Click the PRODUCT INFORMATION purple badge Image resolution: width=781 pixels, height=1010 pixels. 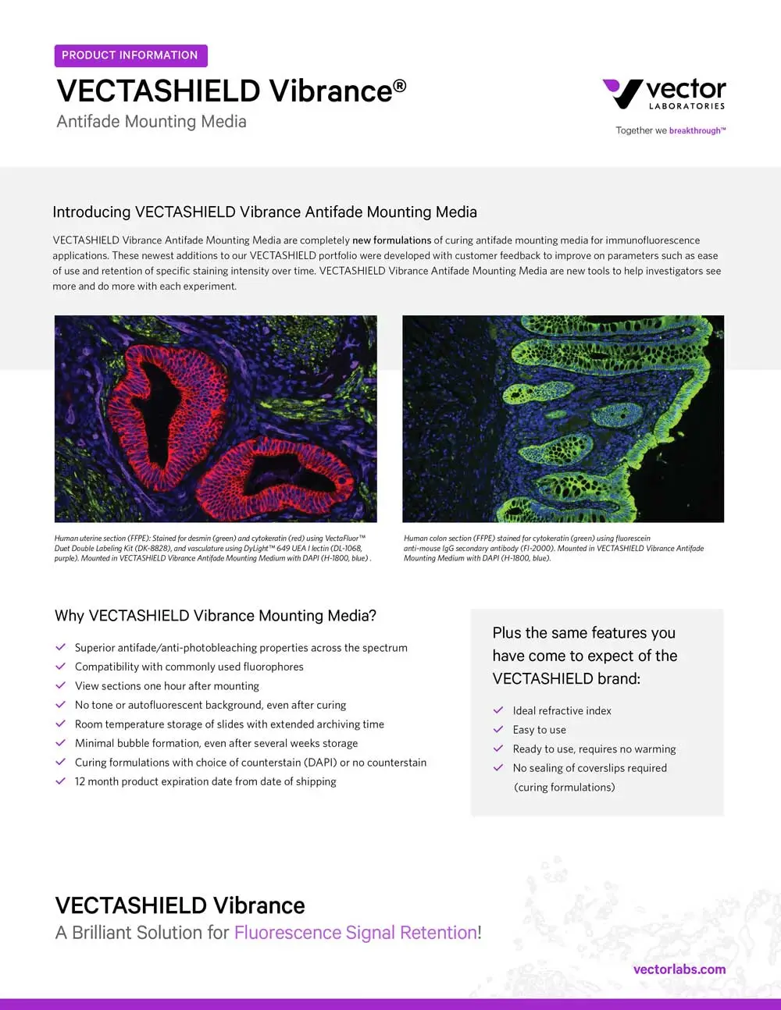(130, 55)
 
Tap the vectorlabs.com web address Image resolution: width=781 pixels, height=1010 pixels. (679, 969)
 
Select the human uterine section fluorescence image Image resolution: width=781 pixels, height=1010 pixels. (216, 418)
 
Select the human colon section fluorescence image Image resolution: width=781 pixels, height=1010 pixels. (563, 418)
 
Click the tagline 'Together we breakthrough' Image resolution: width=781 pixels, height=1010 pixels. (670, 130)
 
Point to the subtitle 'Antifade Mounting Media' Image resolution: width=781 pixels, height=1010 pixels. (152, 122)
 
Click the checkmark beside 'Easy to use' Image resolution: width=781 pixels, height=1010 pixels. (498, 729)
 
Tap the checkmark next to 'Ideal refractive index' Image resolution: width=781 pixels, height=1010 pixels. (498, 710)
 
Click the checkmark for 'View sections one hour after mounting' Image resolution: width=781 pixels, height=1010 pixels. (60, 685)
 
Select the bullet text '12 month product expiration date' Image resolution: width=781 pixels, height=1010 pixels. (205, 781)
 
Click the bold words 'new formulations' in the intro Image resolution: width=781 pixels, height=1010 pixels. (391, 240)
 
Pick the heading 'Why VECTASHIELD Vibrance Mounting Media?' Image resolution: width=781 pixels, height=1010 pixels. (216, 616)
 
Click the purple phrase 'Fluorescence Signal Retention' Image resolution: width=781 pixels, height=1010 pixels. (355, 933)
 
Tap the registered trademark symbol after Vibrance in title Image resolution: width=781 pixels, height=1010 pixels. (399, 84)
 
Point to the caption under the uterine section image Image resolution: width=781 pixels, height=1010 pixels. (212, 548)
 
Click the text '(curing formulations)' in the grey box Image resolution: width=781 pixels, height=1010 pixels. (564, 787)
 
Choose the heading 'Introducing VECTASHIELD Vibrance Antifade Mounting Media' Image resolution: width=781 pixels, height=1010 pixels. (265, 212)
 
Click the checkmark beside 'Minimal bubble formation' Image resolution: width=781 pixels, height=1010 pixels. (60, 743)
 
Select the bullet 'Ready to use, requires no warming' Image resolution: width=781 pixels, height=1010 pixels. (594, 749)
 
